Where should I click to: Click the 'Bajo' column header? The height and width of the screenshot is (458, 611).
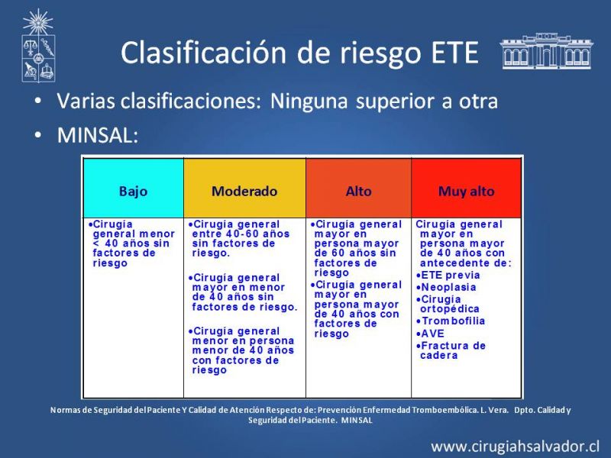tap(133, 192)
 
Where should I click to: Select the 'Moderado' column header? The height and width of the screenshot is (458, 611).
tap(244, 192)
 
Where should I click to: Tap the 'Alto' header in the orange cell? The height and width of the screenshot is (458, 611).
tap(358, 192)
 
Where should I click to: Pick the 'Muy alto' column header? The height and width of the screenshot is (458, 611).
tap(466, 192)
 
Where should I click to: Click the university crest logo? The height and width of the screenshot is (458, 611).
tap(38, 46)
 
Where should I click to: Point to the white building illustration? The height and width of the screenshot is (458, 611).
tap(546, 51)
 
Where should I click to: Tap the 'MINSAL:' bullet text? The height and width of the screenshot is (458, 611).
tap(98, 136)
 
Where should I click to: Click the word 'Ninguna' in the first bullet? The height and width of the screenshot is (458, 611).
tap(309, 102)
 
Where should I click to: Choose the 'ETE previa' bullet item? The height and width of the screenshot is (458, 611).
tap(448, 276)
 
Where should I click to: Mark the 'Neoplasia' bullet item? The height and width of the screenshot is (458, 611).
tap(446, 288)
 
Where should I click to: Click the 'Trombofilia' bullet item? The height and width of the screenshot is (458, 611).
tap(451, 321)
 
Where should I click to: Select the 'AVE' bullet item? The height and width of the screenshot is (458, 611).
tap(430, 334)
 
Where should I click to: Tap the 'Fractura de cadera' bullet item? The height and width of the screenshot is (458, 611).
tap(451, 350)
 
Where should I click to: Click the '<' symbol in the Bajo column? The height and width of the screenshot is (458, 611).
tap(96, 244)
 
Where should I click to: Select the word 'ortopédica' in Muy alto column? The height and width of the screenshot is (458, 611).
tap(450, 309)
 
